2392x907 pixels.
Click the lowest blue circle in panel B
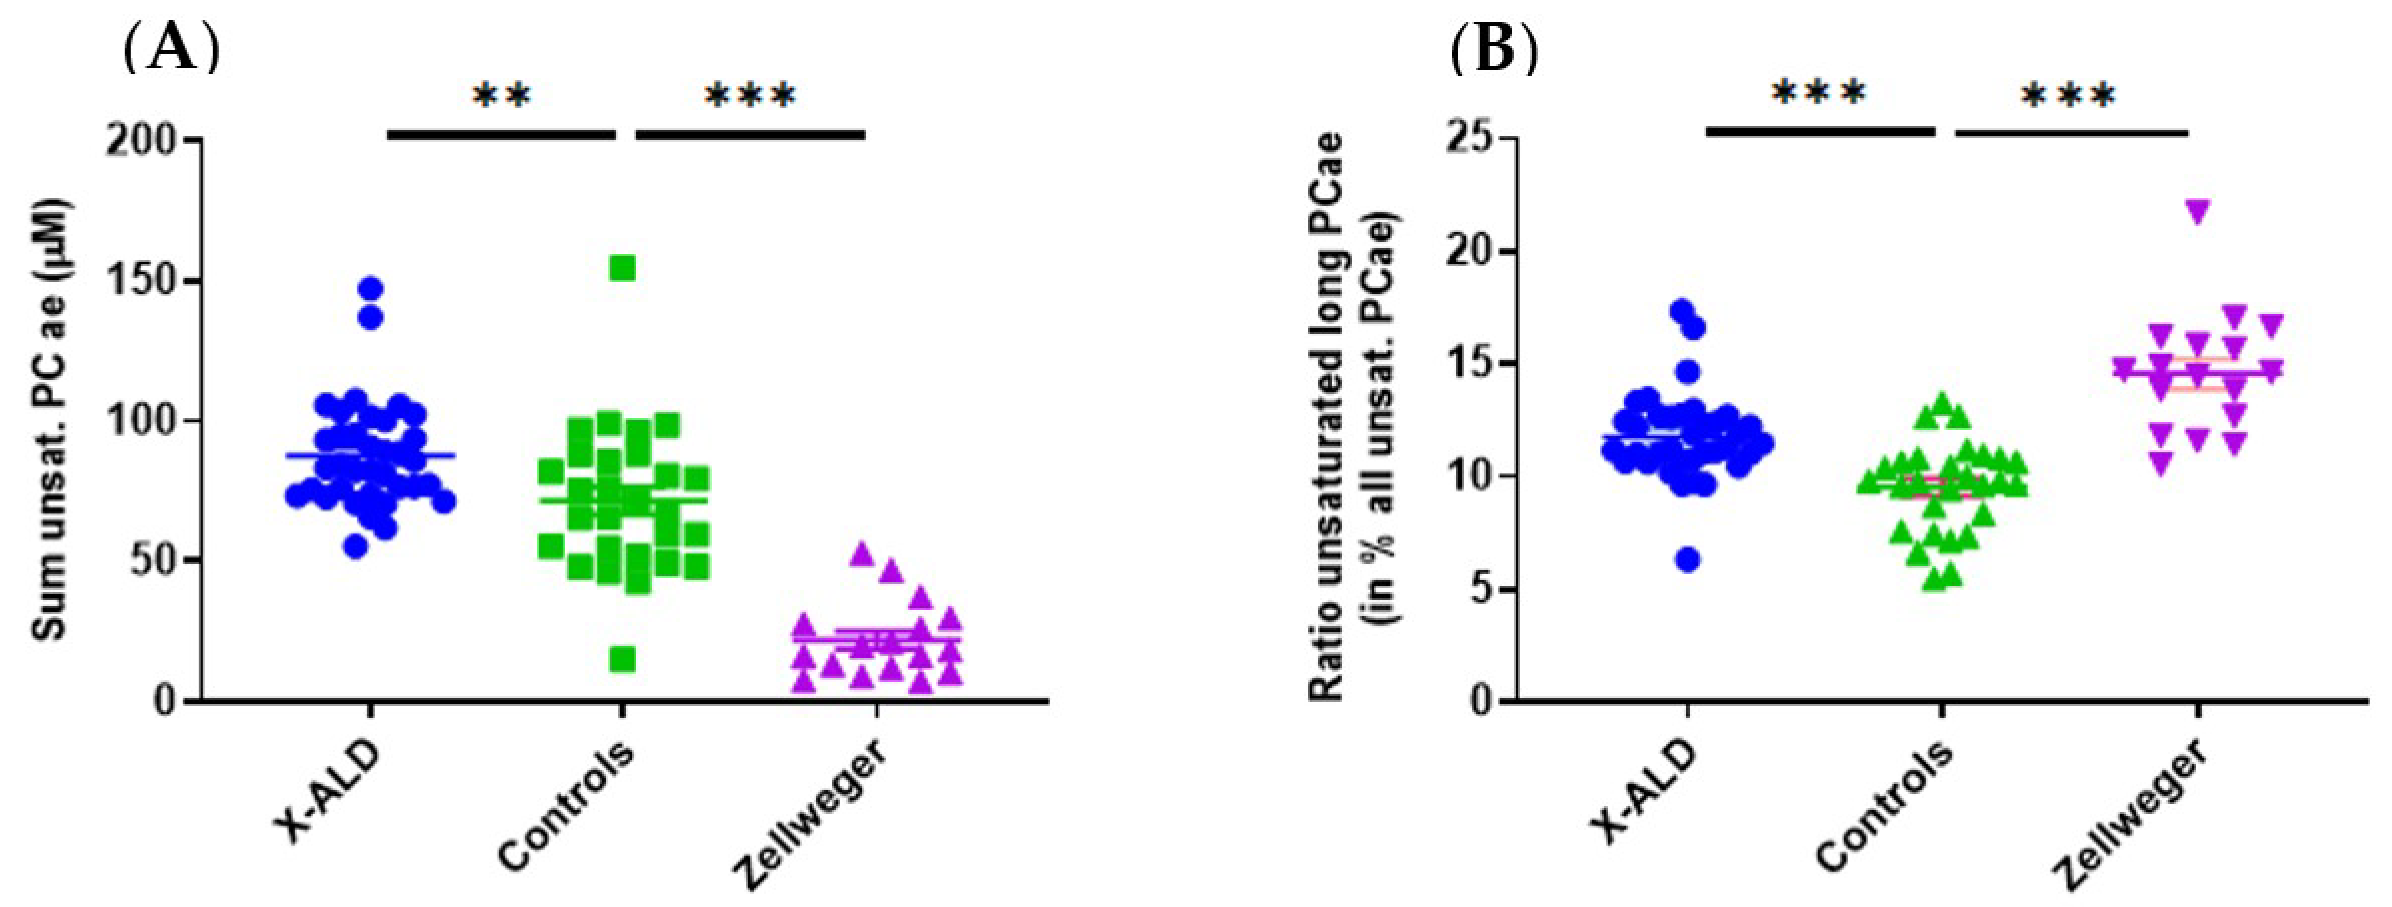[x=1688, y=560]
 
